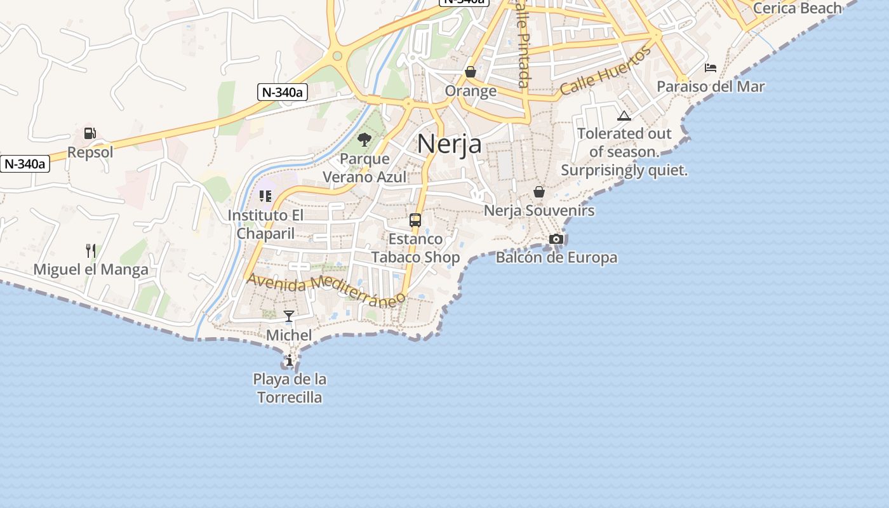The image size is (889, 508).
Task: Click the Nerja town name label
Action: [x=449, y=144]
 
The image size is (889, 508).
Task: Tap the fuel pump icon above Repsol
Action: [x=90, y=133]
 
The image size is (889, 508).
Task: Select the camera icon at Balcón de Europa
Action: [x=556, y=239]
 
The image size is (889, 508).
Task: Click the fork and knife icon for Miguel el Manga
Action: [x=91, y=251]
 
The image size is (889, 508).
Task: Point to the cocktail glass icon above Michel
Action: [x=289, y=316]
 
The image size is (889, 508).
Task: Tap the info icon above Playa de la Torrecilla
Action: [x=290, y=361]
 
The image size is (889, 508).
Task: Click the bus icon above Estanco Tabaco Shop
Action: [x=415, y=220]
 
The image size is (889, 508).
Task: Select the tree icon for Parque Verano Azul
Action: [x=364, y=140]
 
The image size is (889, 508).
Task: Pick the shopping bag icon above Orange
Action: [x=471, y=72]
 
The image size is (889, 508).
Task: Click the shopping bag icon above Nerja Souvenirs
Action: [x=539, y=191]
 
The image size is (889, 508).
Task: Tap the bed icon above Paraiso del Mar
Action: [x=711, y=67]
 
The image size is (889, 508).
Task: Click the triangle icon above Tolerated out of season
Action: [x=624, y=116]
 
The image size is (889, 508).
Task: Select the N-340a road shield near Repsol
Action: [x=25, y=164]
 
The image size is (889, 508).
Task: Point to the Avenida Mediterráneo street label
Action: [x=326, y=289]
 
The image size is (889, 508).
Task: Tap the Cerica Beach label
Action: [x=797, y=8]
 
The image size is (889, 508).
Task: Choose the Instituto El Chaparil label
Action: [x=265, y=224]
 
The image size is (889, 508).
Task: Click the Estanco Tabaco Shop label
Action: [x=415, y=248]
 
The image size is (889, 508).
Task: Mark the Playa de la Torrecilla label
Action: [x=290, y=389]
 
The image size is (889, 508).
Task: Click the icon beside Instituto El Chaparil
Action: [x=265, y=196]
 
